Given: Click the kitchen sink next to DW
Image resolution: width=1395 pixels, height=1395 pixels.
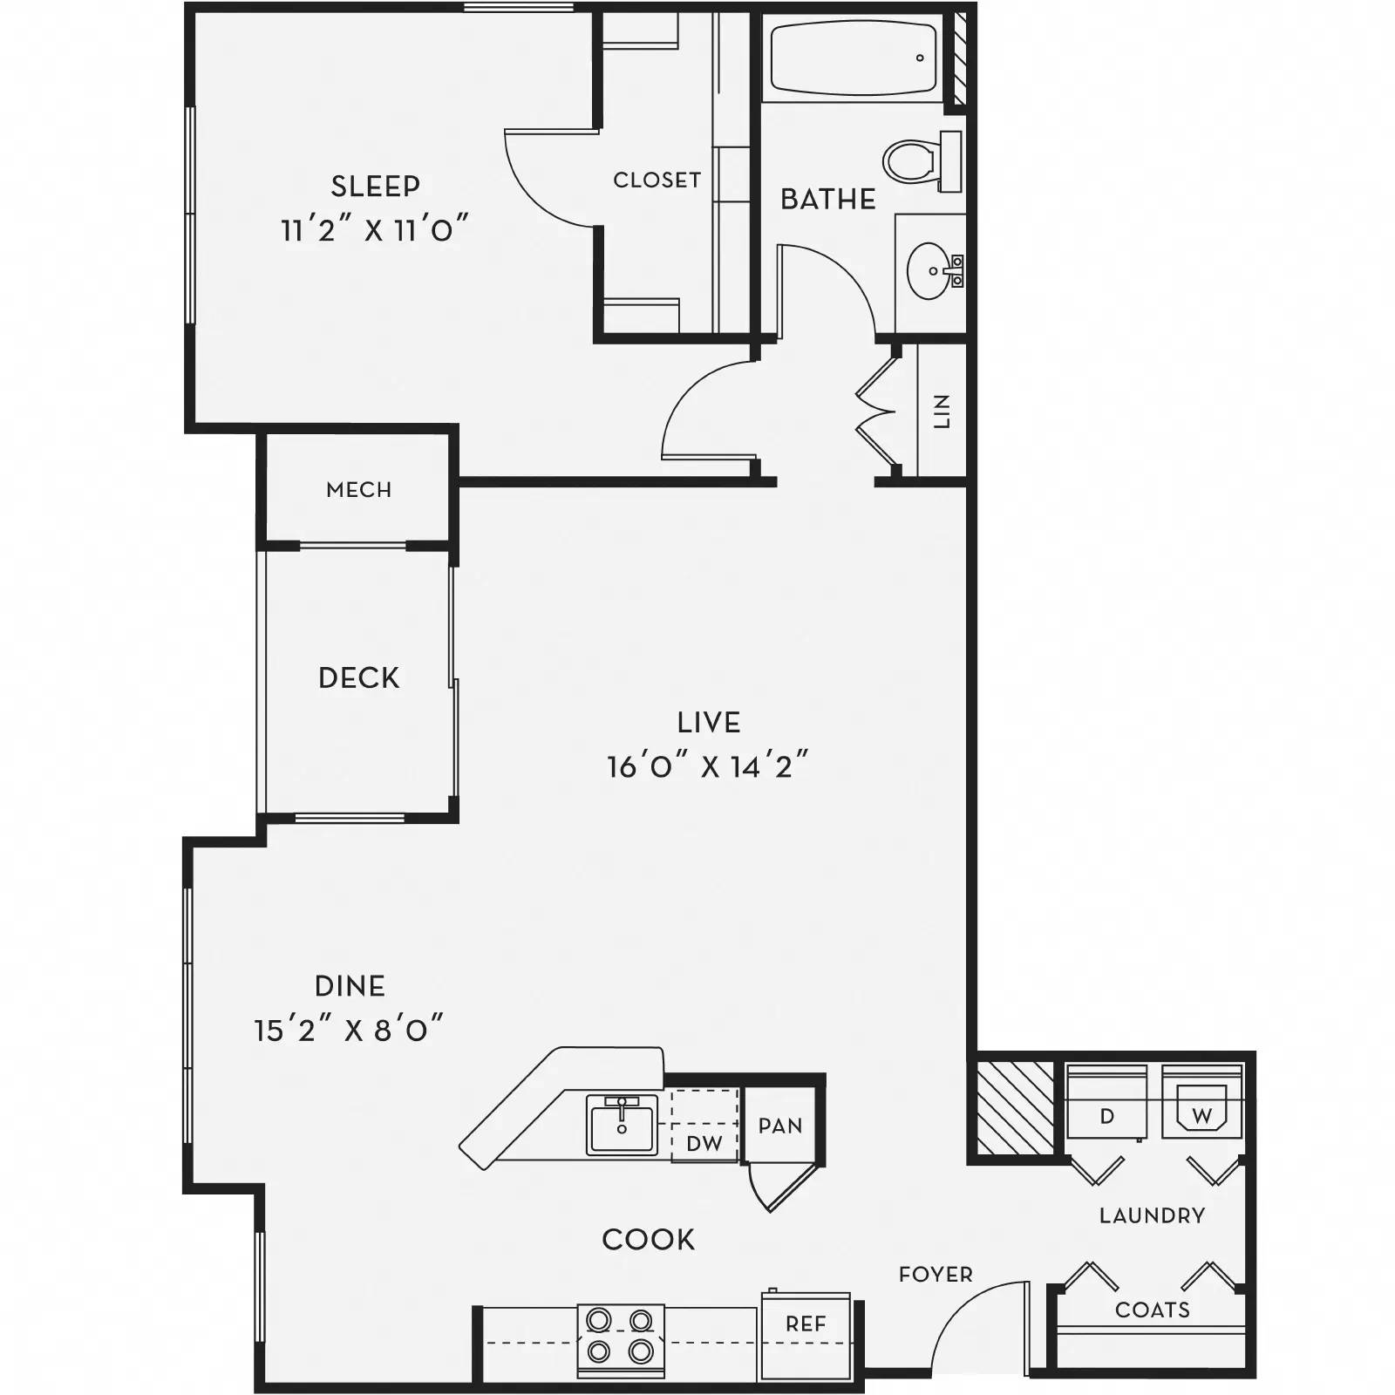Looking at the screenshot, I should click(x=621, y=1125).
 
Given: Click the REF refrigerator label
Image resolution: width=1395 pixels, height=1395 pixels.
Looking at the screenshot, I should click(x=805, y=1324).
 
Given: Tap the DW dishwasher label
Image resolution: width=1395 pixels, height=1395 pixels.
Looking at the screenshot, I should click(x=704, y=1143).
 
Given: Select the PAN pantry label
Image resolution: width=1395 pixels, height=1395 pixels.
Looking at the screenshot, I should click(x=780, y=1126).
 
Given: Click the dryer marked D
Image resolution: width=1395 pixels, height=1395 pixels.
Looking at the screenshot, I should click(x=1106, y=1115).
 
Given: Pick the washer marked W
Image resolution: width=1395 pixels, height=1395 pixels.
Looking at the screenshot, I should click(x=1201, y=1115).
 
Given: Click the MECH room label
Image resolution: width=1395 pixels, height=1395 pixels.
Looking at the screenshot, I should click(x=358, y=490).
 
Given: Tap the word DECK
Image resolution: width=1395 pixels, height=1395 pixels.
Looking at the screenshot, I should click(x=358, y=677).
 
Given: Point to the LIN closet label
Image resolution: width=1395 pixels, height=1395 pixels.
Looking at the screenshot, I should click(x=942, y=411).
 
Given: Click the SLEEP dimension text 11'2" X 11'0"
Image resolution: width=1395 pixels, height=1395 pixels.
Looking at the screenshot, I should click(x=374, y=231).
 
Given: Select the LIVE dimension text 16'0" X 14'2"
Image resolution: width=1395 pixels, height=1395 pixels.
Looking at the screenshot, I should click(x=708, y=767).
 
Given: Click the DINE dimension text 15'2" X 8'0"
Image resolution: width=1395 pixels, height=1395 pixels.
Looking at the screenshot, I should click(x=349, y=1031).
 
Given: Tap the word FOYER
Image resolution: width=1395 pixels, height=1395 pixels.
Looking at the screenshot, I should click(x=936, y=1275).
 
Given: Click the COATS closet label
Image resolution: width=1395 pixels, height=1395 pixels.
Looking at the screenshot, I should click(x=1152, y=1310).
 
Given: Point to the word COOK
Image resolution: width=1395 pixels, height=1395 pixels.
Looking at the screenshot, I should click(x=648, y=1240).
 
